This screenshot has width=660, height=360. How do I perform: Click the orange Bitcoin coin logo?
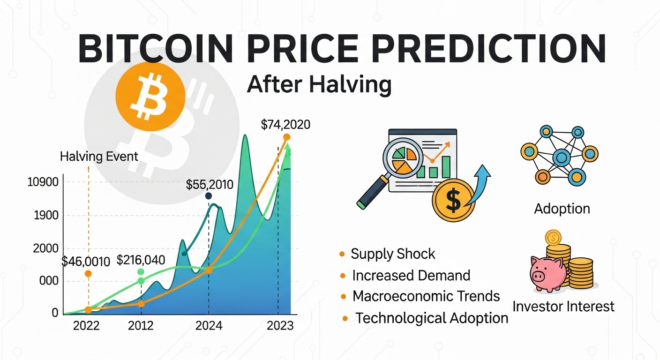click(150, 97)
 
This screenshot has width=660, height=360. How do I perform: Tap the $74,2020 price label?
click(285, 125)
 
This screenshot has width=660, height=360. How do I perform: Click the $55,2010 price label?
click(210, 185)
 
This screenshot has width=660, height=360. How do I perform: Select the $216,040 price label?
click(141, 260)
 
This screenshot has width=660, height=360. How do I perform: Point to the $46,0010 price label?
click(86, 261)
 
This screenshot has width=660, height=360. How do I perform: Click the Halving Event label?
click(99, 157)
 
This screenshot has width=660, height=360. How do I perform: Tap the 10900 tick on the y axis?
click(43, 182)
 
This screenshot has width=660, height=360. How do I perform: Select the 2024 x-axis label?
click(209, 325)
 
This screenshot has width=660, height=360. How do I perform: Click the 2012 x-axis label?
click(141, 325)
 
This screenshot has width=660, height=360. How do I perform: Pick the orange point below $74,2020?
click(287, 137)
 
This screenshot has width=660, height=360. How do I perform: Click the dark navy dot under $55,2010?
click(209, 196)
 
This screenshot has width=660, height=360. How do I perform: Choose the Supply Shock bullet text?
click(393, 254)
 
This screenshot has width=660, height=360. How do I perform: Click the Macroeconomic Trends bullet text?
click(426, 296)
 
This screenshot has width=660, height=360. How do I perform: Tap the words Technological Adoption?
click(432, 318)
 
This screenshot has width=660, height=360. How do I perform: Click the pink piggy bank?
click(549, 273)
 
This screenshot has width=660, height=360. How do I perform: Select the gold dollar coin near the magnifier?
click(453, 200)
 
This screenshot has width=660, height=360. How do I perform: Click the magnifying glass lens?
click(403, 158)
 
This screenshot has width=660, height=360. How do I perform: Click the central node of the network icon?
click(561, 157)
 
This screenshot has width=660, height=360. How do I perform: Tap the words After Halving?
click(319, 84)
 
